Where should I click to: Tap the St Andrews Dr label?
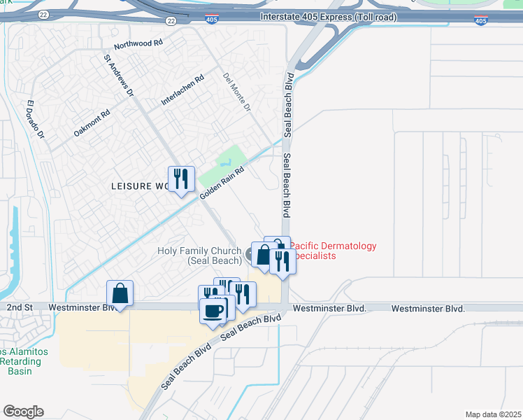coord(118,76)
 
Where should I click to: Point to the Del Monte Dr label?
coord(236,93)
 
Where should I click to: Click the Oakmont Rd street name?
coord(92,123)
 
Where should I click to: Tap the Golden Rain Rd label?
coord(222,181)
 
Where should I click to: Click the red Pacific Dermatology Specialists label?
coord(333,251)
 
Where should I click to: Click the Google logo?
coord(23,412)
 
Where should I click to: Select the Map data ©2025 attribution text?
coord(493,414)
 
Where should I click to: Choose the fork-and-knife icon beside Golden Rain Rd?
coord(181,178)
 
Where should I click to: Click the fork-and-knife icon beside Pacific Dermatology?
coord(282,261)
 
